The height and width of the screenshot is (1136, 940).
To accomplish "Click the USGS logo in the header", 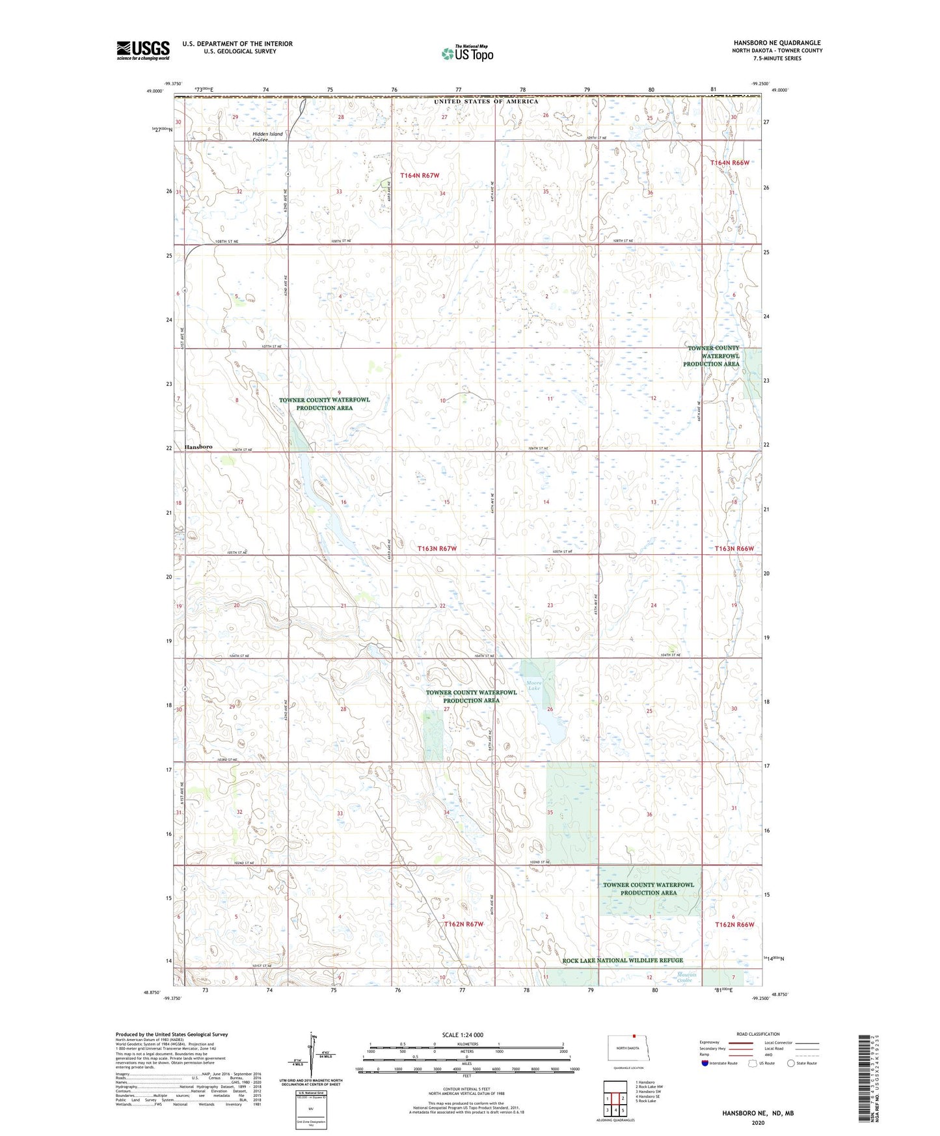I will (143, 50).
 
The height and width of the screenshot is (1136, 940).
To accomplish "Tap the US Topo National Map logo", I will (467, 53).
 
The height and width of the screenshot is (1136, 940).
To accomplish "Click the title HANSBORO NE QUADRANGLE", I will (777, 43).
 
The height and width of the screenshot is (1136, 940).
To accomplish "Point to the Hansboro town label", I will (198, 447).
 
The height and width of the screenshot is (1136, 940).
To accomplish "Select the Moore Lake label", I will (534, 685).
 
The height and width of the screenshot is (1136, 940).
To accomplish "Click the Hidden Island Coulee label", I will (268, 137).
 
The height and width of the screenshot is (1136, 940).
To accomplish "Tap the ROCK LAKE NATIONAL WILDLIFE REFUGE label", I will (623, 960).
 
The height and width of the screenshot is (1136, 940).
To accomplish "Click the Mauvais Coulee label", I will (684, 977).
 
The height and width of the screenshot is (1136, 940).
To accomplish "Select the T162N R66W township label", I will (734, 925).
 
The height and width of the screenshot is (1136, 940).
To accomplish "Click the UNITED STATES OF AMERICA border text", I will (487, 101).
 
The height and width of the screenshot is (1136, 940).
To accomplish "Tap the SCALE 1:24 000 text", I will (463, 1035).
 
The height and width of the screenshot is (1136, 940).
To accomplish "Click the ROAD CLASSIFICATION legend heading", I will (758, 1034).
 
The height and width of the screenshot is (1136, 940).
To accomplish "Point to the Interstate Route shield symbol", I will (705, 1063).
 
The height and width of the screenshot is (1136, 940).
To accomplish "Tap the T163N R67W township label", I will (437, 548).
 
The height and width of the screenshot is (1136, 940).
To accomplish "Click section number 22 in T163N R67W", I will (442, 606).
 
